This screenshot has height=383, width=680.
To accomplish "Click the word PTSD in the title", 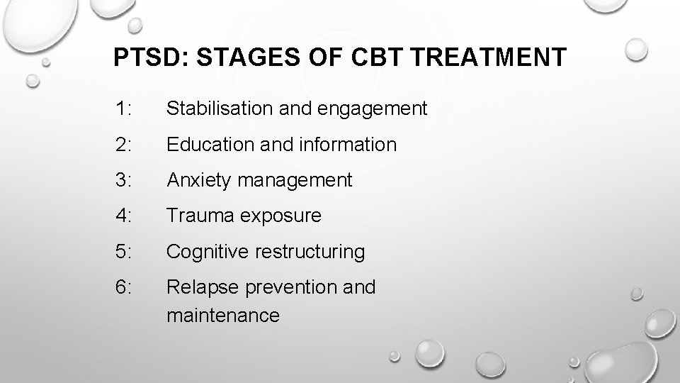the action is [x=147, y=57].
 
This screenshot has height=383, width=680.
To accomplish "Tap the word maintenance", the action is [x=223, y=315].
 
